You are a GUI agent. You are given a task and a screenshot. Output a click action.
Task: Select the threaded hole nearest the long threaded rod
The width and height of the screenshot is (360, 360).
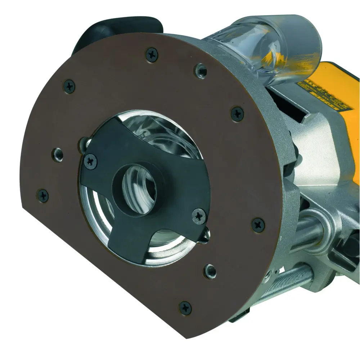(x=209, y=270)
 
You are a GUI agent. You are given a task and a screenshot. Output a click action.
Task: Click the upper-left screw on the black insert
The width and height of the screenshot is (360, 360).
(x=91, y=161)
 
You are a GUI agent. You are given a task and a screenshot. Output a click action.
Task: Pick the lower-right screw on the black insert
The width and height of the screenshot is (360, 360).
(x=198, y=216)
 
